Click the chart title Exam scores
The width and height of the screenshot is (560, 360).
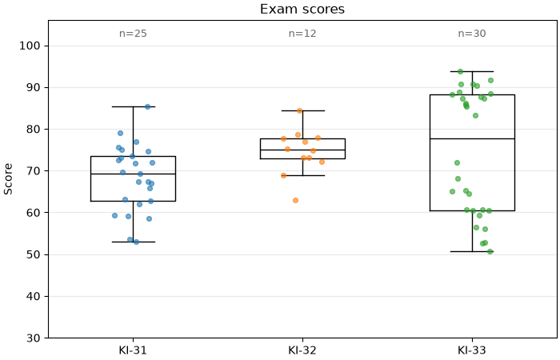coord(302,9)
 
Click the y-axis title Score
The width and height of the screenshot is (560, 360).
coord(8,179)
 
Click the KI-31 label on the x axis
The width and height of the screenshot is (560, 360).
coord(133,350)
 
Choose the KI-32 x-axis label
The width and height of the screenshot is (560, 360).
coord(302,350)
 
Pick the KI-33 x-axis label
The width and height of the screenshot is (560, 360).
coord(472,350)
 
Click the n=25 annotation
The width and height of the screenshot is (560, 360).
coord(133,34)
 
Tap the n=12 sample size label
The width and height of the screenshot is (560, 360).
coord(302,34)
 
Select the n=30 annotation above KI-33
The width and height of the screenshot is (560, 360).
coord(472,34)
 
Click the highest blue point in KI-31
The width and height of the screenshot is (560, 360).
coord(147,106)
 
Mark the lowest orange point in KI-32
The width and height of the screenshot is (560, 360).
coord(296,200)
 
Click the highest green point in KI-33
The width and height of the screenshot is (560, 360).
coord(460,72)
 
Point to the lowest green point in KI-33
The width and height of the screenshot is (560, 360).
coord(490,251)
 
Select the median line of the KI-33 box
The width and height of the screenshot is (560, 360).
coord(472,138)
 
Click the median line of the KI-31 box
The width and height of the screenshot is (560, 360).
coord(134,174)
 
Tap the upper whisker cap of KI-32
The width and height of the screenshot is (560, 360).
coord(303,110)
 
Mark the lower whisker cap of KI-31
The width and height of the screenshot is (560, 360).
coord(134,242)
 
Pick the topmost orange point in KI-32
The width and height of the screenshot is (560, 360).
coord(300,110)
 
